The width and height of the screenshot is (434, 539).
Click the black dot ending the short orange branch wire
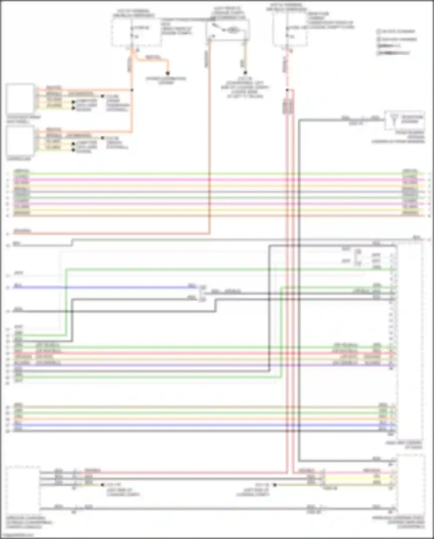tap(167, 73)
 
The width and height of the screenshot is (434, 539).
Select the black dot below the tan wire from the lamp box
tap(245, 73)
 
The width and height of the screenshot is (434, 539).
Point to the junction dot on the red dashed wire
tap(287, 90)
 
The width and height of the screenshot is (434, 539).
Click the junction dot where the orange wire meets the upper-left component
tap(132, 90)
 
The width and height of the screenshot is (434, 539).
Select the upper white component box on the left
tap(20, 98)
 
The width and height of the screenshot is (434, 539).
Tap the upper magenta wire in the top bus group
tap(203, 180)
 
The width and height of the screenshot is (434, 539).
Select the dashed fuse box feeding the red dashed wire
tap(289, 30)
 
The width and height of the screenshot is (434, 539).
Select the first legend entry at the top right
tap(396, 31)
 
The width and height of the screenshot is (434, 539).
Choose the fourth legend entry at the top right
tap(393, 53)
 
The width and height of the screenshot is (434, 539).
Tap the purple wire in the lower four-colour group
tap(203, 365)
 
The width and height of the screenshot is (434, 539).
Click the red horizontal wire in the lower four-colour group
tap(203, 353)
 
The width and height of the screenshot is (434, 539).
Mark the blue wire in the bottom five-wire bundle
tap(203, 425)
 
